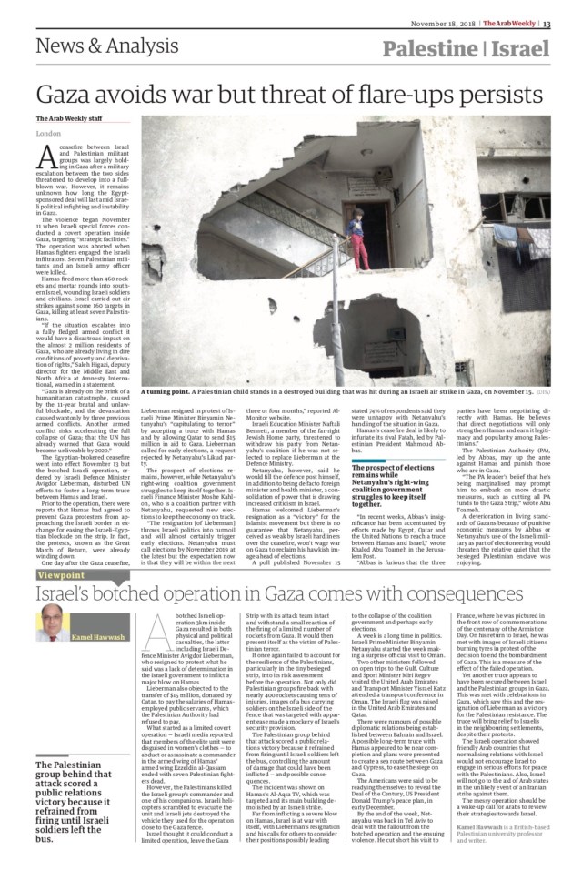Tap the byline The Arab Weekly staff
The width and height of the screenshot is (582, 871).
coord(70,119)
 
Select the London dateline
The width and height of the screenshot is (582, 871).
coord(48,134)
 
